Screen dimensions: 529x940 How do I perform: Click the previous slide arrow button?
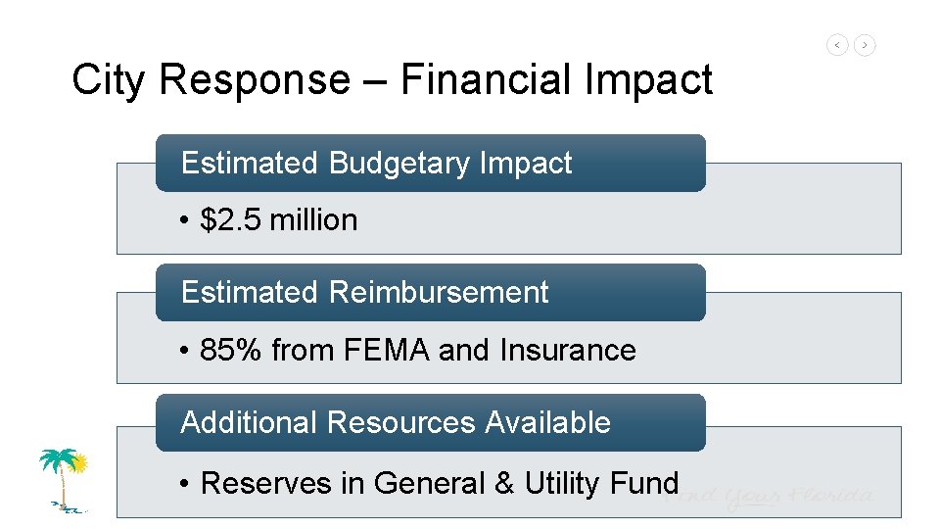837,45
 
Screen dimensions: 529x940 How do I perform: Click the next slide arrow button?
865,45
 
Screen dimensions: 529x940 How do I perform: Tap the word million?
313,219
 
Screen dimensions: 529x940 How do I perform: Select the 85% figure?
231,350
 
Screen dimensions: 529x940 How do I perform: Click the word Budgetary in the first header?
400,163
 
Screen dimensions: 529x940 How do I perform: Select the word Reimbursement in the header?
439,292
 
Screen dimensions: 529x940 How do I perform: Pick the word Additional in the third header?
250,422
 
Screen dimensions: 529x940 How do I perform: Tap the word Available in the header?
548,422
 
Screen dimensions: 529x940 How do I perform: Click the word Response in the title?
254,80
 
